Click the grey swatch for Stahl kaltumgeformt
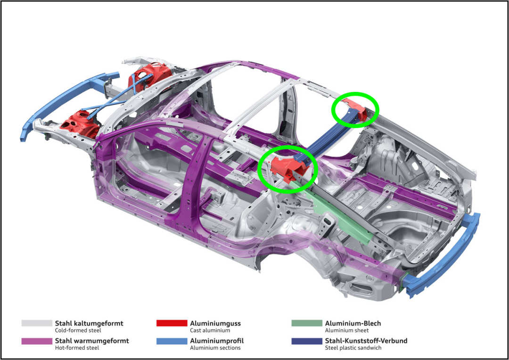tap(37, 323)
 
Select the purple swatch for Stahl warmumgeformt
tap(37, 341)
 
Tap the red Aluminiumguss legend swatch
tap(172, 323)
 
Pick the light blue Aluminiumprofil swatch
tap(172, 341)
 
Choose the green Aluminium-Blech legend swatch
tap(307, 323)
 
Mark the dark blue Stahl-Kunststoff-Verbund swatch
tap(307, 341)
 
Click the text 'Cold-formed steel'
tap(78, 330)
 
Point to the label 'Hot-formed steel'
tap(77, 348)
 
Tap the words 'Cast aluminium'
tap(210, 330)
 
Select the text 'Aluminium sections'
tap(215, 348)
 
